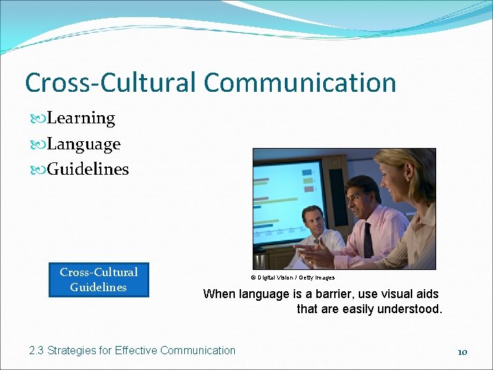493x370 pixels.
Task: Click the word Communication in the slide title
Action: (x=299, y=83)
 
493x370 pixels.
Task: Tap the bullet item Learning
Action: (x=80, y=118)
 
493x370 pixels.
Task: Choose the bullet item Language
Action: (x=83, y=144)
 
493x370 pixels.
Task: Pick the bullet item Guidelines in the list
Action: (x=87, y=169)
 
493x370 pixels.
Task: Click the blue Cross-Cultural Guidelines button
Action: (x=98, y=280)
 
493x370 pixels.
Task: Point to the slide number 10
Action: (x=462, y=352)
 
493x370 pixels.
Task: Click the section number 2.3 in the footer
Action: (x=36, y=351)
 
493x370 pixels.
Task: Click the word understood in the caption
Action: (x=413, y=309)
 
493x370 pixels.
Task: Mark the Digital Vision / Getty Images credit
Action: (x=292, y=277)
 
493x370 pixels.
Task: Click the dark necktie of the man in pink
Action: (x=368, y=240)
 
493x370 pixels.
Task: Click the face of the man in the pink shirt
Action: (x=362, y=198)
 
